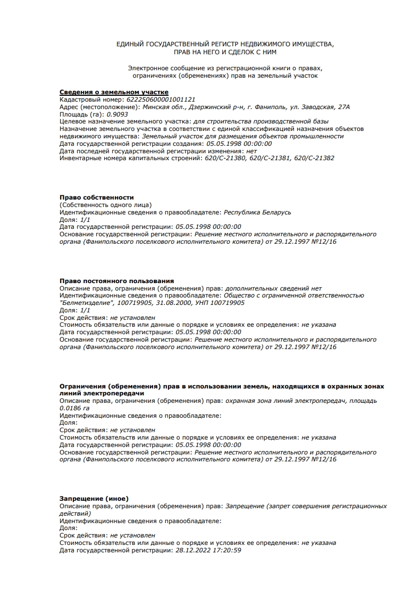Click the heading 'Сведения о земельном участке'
pyautogui.click(x=114, y=92)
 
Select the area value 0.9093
pyautogui.click(x=117, y=114)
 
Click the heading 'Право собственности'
pyautogui.click(x=97, y=197)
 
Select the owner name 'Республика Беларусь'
pyautogui.click(x=257, y=212)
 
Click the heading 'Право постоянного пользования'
pyautogui.click(x=116, y=281)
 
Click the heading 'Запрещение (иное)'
pyautogui.click(x=94, y=499)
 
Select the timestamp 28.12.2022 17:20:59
pyautogui.click(x=208, y=550)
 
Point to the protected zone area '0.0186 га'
pyautogui.click(x=74, y=408)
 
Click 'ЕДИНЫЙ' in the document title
pyautogui.click(x=130, y=44)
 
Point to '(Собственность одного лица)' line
pyautogui.click(x=105, y=205)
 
